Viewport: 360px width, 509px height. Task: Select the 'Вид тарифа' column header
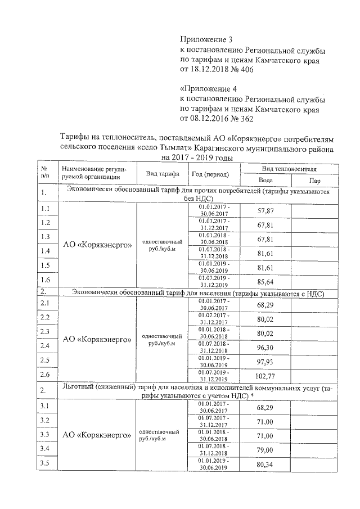click(x=162, y=173)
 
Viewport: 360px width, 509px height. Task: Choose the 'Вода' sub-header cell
click(x=265, y=181)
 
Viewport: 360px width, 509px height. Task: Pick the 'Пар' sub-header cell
click(x=315, y=181)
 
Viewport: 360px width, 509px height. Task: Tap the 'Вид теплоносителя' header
click(x=289, y=169)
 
